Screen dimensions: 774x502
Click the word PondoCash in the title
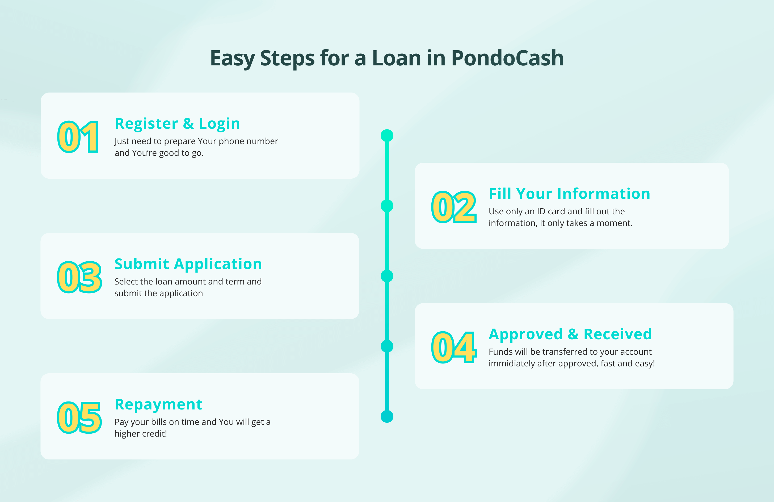507,58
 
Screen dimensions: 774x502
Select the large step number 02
454,207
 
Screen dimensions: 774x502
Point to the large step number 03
79,277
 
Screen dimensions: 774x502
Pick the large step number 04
454,348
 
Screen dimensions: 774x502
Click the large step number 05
79,417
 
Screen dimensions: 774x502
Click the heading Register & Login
178,124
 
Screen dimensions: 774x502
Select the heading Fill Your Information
569,194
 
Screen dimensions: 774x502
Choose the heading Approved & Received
570,334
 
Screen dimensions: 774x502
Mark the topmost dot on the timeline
387,136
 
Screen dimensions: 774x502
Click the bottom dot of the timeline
387,416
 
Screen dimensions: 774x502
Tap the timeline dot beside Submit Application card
387,276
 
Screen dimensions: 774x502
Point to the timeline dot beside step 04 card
387,346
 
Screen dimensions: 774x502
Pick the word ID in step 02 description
541,211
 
